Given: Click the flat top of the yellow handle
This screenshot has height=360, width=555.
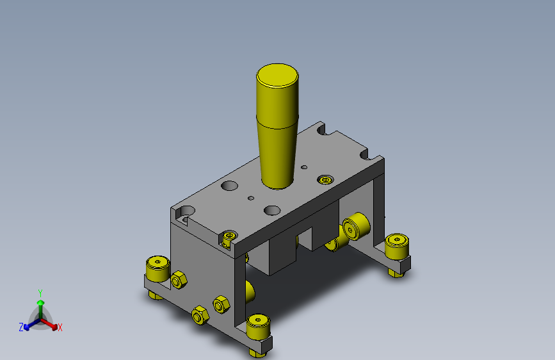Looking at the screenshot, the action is [277, 76].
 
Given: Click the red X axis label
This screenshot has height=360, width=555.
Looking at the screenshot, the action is [60, 327].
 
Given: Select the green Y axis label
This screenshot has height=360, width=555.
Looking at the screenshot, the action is [40, 293].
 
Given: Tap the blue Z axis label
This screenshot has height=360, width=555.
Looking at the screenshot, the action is [21, 327].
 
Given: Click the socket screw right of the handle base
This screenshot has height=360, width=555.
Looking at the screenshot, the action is [325, 180].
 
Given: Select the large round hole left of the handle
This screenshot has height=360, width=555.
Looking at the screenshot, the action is [229, 185].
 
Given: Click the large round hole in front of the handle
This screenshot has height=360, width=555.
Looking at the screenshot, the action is [272, 211].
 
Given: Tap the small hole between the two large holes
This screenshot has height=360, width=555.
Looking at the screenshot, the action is [251, 198].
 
